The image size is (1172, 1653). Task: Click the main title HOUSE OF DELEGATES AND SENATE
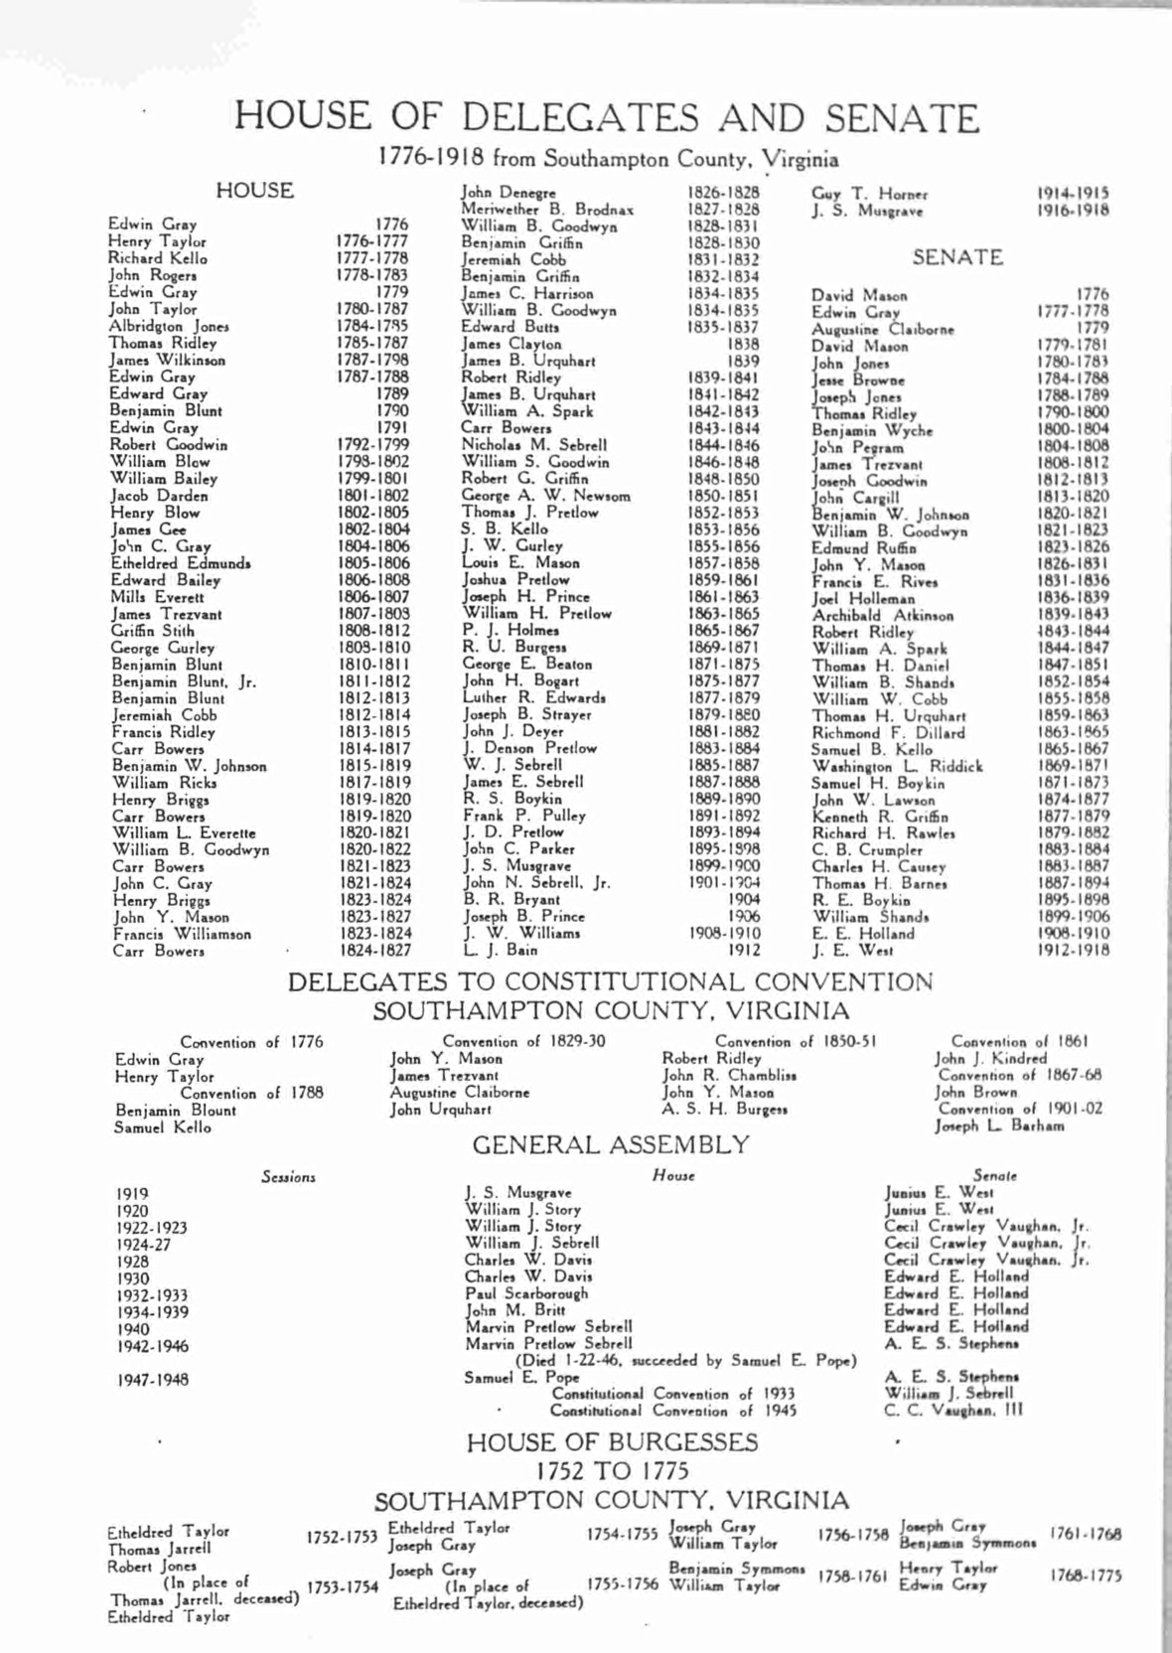point(607,118)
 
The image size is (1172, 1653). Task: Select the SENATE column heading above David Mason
point(957,257)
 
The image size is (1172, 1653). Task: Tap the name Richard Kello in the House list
point(158,258)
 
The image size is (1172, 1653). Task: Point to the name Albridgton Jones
point(169,326)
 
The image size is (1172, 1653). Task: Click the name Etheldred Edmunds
point(180,563)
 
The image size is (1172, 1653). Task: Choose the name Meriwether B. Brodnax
point(547,210)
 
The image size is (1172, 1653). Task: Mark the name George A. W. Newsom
point(545,496)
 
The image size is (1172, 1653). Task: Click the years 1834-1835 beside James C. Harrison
point(723,293)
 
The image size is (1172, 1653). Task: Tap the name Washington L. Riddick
point(897,766)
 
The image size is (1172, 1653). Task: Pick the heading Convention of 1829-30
point(523,1042)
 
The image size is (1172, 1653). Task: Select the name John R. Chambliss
point(729,1076)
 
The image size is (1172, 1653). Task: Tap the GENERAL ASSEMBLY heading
point(610,1145)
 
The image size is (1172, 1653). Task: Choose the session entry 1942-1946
point(152,1347)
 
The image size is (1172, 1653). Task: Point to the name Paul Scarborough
point(526,1293)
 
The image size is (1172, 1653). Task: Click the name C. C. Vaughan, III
point(953,1410)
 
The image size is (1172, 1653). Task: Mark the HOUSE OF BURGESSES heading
point(612,1442)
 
